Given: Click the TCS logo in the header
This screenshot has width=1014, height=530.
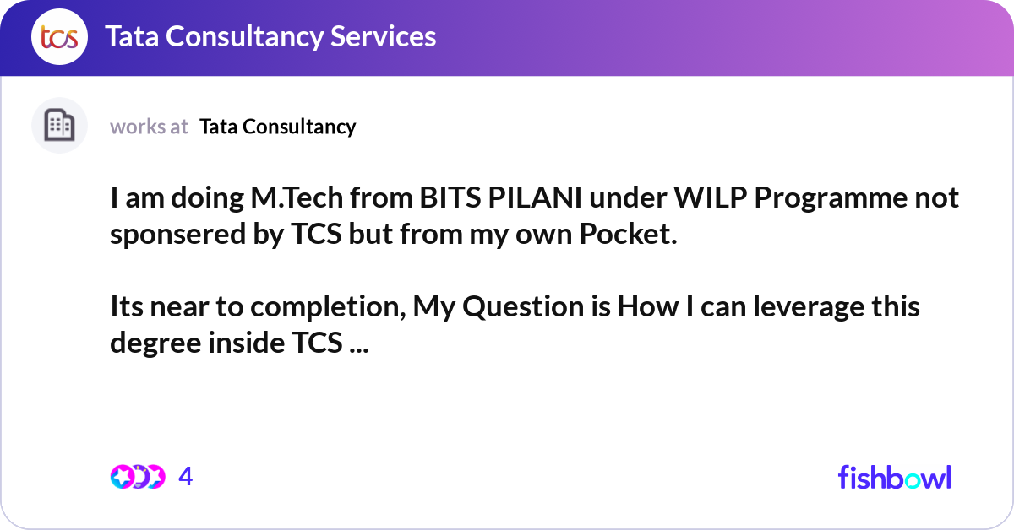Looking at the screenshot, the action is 59,36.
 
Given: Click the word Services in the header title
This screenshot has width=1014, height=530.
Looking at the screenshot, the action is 383,36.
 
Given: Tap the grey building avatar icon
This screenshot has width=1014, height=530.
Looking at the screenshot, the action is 59,125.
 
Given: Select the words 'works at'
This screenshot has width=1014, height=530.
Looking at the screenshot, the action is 149,127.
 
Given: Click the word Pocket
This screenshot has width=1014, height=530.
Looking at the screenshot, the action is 628,234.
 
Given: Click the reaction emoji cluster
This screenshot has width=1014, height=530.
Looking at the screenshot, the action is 138,477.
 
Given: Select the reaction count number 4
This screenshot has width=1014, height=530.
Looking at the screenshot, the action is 186,477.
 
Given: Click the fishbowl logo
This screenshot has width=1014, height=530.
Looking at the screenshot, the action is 895,477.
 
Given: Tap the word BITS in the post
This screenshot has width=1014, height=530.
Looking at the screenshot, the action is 450,197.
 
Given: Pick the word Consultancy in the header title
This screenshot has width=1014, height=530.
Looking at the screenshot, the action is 244,37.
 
